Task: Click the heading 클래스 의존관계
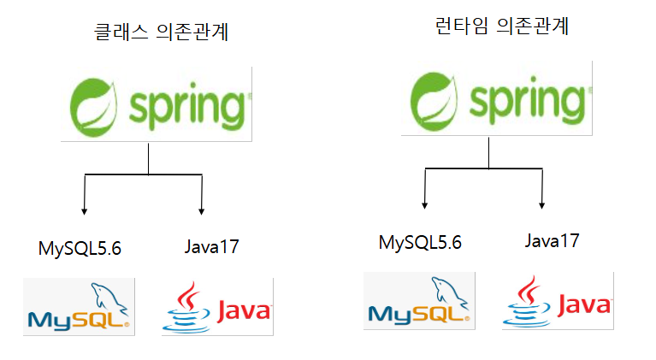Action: tap(163, 34)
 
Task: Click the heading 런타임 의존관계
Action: tap(502, 27)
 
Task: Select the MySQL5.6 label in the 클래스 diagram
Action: tap(80, 249)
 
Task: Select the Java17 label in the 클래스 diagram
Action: tap(211, 248)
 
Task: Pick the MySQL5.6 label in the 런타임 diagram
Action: tap(420, 242)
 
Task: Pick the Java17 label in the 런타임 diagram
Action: tap(552, 241)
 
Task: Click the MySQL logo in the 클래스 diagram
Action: tap(79, 306)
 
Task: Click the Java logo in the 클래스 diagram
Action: tap(217, 305)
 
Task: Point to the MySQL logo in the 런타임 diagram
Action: tap(419, 300)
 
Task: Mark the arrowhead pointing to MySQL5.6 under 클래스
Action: tap(85, 210)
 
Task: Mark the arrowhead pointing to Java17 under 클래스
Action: tap(202, 210)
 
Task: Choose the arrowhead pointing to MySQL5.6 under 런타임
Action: tap(425, 204)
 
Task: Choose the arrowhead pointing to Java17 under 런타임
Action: tap(542, 204)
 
